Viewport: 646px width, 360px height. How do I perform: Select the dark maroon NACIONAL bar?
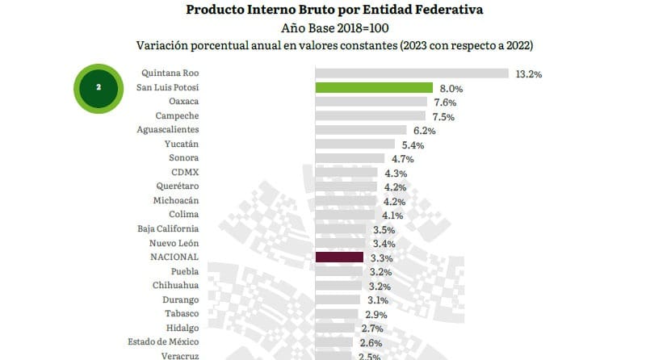(339, 257)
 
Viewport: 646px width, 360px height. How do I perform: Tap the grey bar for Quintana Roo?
(412, 73)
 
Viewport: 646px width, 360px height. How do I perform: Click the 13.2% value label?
(528, 73)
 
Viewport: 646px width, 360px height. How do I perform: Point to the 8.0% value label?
(451, 88)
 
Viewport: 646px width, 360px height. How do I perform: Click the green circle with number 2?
(98, 88)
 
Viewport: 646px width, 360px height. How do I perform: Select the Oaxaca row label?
(184, 102)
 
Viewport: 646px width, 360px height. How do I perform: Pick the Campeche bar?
(370, 116)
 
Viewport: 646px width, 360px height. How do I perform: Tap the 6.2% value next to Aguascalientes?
(424, 131)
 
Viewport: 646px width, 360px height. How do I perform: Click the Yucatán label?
(182, 144)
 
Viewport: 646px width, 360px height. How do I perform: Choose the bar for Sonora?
(352, 158)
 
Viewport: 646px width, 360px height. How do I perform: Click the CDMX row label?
(185, 173)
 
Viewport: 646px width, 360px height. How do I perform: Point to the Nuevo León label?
(174, 243)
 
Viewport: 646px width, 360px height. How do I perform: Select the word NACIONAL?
(174, 257)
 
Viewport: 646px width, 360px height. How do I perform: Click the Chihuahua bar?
(338, 286)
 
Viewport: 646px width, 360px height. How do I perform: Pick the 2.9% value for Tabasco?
(376, 314)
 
